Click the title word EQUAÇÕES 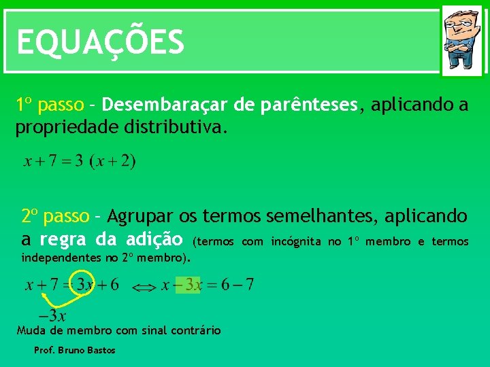tap(100, 42)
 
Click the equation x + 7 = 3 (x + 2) tap(80, 162)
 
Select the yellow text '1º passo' tap(50, 105)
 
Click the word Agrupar tap(140, 217)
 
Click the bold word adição tap(154, 240)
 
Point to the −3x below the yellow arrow tap(52, 316)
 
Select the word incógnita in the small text tap(296, 241)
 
